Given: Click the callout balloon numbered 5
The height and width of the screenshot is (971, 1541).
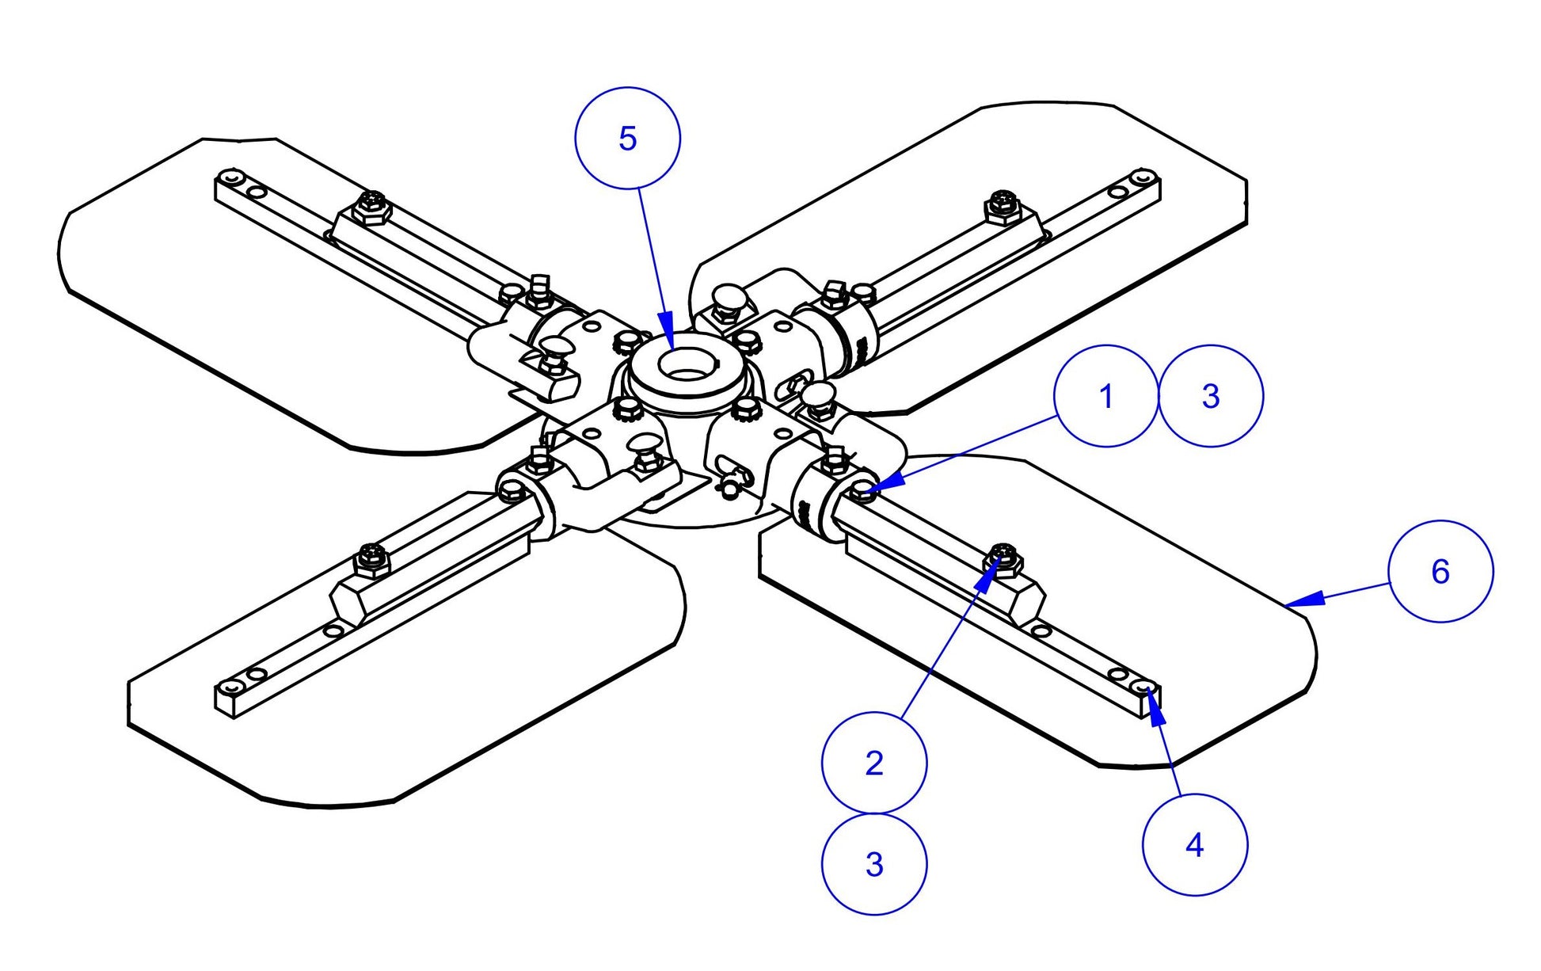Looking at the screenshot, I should pyautogui.click(x=627, y=139).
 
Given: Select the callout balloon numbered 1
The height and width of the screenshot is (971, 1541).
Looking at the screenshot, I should pyautogui.click(x=1106, y=396).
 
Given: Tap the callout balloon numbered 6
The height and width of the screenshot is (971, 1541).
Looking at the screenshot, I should pyautogui.click(x=1440, y=571).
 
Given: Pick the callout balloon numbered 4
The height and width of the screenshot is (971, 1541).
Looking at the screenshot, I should pyautogui.click(x=1195, y=845).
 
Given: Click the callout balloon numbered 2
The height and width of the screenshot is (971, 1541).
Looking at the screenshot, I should pyautogui.click(x=874, y=762).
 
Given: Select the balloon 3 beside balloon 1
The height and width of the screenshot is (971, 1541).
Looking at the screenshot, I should pyautogui.click(x=1211, y=396).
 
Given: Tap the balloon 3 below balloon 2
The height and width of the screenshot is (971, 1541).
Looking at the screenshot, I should pyautogui.click(x=874, y=864).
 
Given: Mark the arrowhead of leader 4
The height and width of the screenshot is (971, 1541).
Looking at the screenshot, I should pyautogui.click(x=1152, y=697).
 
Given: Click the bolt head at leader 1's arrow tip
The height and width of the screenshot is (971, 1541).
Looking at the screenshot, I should pyautogui.click(x=863, y=492).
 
